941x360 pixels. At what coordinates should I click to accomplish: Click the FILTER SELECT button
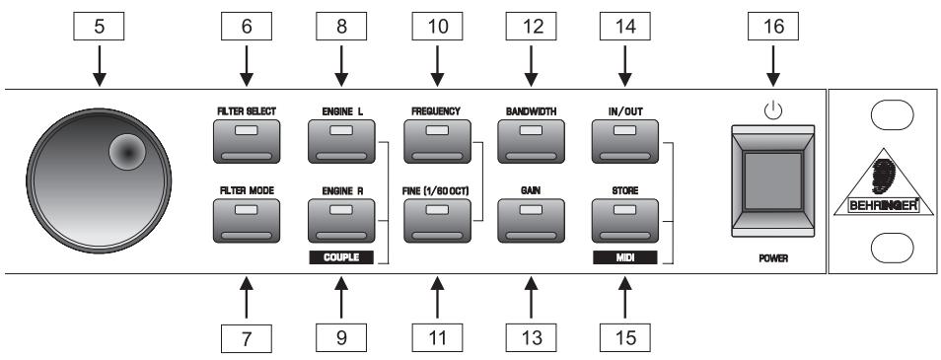tap(247, 141)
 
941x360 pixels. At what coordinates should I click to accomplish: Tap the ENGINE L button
tap(342, 141)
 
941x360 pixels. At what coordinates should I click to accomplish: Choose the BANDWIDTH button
tap(532, 141)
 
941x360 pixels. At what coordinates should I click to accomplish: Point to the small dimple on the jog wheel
tap(127, 151)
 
